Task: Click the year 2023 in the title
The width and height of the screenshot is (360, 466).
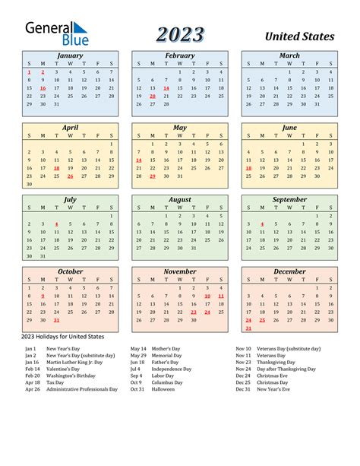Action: pos(180,34)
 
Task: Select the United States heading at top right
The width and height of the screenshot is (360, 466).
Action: pos(299,36)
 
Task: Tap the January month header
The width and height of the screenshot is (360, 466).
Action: pos(70,55)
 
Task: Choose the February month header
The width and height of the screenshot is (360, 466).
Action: pos(180,55)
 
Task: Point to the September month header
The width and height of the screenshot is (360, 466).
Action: pos(289,200)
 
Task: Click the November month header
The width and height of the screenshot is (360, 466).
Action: pos(180,271)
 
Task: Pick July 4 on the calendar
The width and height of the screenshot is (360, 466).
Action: pos(56,224)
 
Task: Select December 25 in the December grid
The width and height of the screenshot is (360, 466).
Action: pos(262,320)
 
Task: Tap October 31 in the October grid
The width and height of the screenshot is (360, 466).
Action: pos(56,320)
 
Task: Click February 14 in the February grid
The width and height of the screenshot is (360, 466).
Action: pos(166,88)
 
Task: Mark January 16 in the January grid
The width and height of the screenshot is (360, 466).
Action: pos(43,88)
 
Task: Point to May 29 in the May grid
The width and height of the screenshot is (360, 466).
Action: pos(152,176)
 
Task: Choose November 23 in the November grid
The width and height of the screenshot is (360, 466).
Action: pos(194,312)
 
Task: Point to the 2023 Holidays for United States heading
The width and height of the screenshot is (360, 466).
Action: pos(64,336)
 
